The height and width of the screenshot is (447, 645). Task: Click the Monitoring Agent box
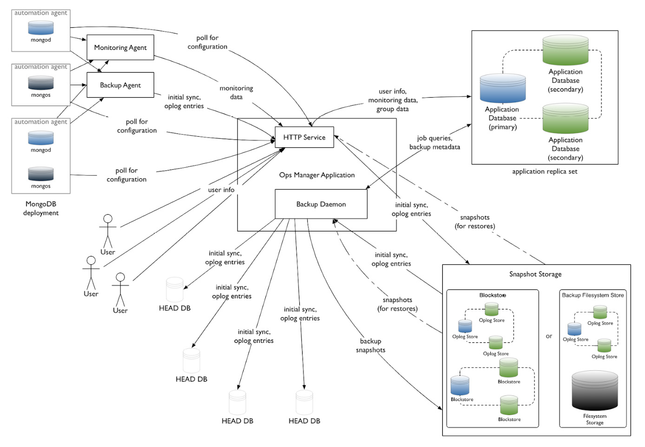click(x=120, y=47)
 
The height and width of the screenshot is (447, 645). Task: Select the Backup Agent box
click(x=120, y=85)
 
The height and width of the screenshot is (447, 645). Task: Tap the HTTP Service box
click(x=304, y=137)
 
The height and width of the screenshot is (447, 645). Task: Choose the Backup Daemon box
click(x=321, y=204)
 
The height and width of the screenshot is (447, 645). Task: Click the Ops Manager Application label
click(x=316, y=175)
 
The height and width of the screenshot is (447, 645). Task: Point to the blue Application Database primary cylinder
click(x=502, y=88)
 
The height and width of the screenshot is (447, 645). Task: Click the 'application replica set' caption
click(x=544, y=171)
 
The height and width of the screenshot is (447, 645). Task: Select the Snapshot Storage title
click(x=535, y=274)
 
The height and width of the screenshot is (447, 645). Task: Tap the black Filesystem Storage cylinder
click(x=594, y=390)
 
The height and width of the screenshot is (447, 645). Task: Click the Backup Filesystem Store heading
click(x=592, y=295)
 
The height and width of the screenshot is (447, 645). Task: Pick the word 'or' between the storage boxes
click(x=549, y=336)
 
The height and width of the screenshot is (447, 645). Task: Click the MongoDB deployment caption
click(x=41, y=208)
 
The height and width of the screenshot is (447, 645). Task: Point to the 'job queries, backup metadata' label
click(x=434, y=143)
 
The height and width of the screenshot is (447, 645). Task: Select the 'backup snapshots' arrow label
click(x=370, y=346)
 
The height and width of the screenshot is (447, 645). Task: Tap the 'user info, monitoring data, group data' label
click(x=393, y=100)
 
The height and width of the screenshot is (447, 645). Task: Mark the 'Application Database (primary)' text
click(x=502, y=118)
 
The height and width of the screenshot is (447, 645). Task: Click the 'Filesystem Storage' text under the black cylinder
click(x=594, y=419)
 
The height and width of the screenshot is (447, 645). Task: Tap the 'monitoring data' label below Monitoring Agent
click(x=236, y=92)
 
